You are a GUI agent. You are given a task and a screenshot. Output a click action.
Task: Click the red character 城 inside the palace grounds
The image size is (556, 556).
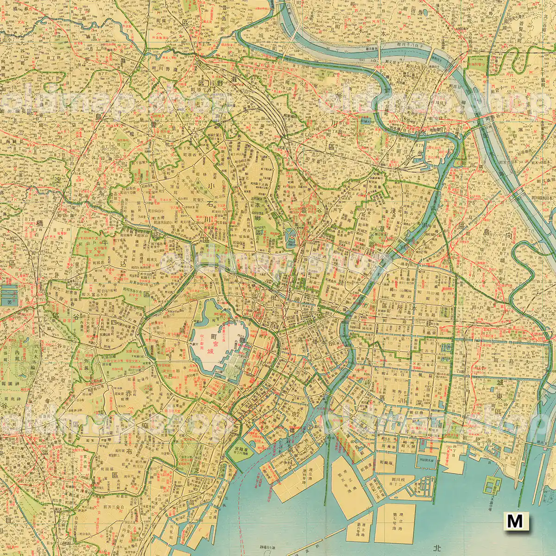coord(211,351)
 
